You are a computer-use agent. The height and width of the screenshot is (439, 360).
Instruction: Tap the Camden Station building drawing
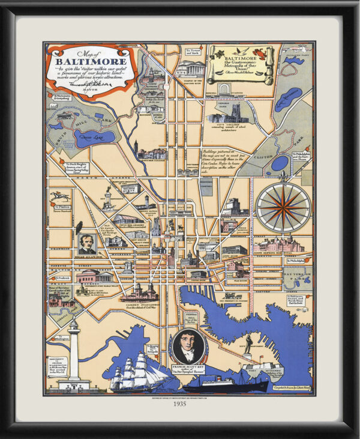coord(139,293)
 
